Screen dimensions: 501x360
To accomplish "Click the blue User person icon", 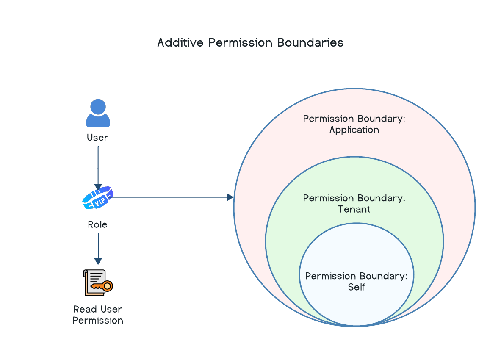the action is click(98, 113).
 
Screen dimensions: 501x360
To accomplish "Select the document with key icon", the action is click(98, 282).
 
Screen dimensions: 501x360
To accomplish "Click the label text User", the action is click(97, 138).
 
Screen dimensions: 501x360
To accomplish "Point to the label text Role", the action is click(97, 224).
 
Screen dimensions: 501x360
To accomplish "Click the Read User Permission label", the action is click(98, 315).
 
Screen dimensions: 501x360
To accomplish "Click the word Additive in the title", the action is click(180, 42).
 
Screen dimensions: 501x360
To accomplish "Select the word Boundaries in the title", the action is click(310, 42).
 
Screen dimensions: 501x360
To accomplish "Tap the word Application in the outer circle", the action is click(354, 130).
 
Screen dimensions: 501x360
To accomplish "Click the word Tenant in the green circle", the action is click(354, 209).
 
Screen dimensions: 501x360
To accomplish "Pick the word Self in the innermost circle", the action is click(356, 287).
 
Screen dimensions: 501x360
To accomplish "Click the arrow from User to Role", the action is click(98, 168).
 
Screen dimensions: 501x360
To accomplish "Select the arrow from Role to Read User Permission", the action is click(98, 249).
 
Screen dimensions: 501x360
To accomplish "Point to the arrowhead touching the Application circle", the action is click(230, 197).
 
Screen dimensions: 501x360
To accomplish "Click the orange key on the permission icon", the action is click(102, 286).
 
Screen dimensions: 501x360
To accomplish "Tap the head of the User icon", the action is click(98, 107).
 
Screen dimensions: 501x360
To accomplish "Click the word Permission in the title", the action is click(240, 42).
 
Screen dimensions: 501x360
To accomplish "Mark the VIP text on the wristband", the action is click(100, 202).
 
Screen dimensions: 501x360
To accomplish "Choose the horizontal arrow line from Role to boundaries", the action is click(172, 197).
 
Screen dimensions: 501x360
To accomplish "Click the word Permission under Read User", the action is click(98, 320).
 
